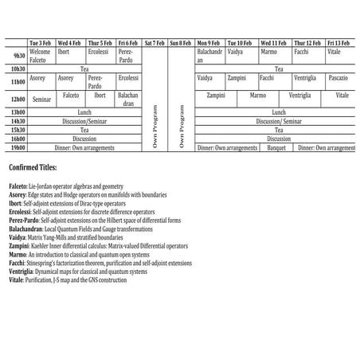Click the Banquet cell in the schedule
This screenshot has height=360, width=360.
(276, 148)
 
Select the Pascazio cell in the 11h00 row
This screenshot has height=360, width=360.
(337, 79)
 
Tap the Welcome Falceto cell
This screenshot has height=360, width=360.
(40, 56)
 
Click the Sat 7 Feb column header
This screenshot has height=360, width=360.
(155, 42)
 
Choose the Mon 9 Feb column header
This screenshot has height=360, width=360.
(210, 42)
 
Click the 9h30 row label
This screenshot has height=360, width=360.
(15, 56)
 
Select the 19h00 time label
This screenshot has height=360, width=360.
(15, 148)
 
